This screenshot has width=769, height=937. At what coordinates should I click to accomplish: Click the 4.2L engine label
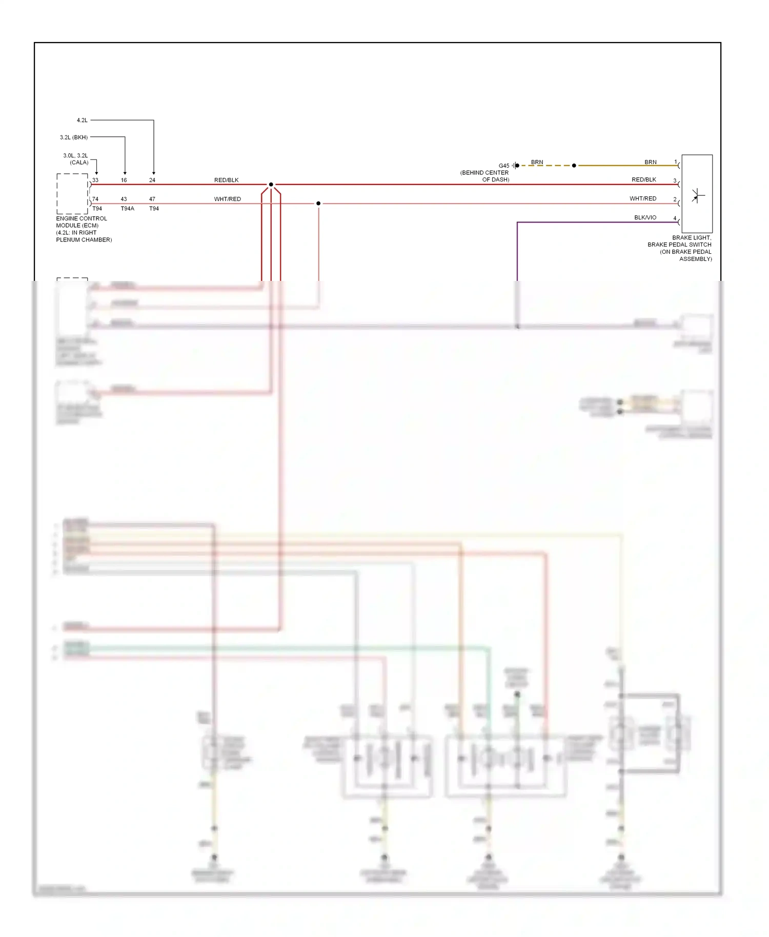tap(82, 120)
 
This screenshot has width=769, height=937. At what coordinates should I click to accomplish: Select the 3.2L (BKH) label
tap(74, 137)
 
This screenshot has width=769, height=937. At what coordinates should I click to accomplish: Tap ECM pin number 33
tap(95, 180)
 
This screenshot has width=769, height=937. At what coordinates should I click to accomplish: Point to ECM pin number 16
tap(124, 180)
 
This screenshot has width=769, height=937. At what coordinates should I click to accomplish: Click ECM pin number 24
tap(152, 180)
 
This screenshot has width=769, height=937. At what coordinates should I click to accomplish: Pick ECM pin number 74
tap(95, 199)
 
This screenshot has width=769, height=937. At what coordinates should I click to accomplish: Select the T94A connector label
tap(127, 209)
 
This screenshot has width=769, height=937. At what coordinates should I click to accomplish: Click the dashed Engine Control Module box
tap(72, 194)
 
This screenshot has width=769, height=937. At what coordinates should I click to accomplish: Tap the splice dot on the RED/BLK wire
tap(271, 185)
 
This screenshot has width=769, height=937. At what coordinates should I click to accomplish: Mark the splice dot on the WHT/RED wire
tap(318, 203)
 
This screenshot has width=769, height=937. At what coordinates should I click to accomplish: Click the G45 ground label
tap(504, 166)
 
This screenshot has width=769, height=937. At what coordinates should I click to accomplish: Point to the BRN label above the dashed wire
tap(537, 162)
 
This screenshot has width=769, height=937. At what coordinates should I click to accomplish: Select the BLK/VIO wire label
tap(645, 217)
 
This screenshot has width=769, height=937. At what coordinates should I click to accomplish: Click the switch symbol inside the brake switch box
tap(697, 195)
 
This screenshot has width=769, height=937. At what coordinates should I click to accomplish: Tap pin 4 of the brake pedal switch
tap(675, 218)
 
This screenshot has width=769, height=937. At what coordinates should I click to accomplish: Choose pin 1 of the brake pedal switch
tap(676, 162)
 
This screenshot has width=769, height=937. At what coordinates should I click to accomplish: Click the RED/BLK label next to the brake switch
tap(644, 180)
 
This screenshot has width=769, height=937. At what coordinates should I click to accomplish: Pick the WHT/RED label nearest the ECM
tap(228, 199)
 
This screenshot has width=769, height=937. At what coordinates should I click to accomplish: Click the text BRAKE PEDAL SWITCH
tap(679, 245)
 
